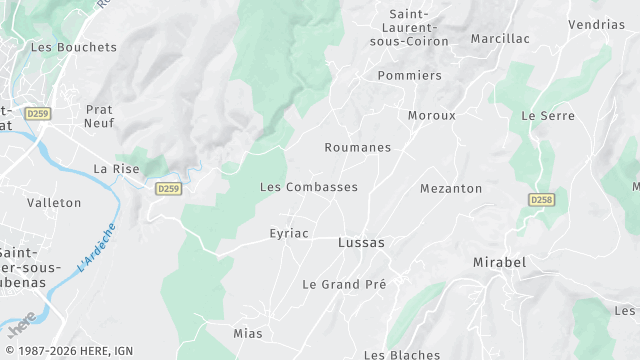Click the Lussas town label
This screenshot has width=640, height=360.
pos(361,242)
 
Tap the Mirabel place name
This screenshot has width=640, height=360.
pos(498,262)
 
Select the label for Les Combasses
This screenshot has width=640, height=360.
pos(308,187)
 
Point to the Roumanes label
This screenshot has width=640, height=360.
pos(357,147)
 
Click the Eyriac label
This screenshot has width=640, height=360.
pos(289,233)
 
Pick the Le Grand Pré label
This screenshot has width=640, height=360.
pos(344,284)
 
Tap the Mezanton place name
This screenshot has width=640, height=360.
pos(450,188)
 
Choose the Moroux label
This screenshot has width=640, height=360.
pos(431,115)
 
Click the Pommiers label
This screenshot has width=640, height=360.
pos(409,75)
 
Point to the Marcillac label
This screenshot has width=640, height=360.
pos(500,38)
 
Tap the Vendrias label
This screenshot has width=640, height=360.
pos(596,24)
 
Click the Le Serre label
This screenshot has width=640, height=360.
pos(547,116)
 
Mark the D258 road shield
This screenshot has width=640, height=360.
pos(541,200)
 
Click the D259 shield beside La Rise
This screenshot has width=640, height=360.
pos(168,188)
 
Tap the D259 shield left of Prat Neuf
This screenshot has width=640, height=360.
pos(38,114)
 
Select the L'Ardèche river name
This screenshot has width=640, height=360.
pos(96,250)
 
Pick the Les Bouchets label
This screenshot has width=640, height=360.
pos(74,47)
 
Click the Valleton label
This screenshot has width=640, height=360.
pos(54,202)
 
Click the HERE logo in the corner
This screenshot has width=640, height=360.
pos(22,329)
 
